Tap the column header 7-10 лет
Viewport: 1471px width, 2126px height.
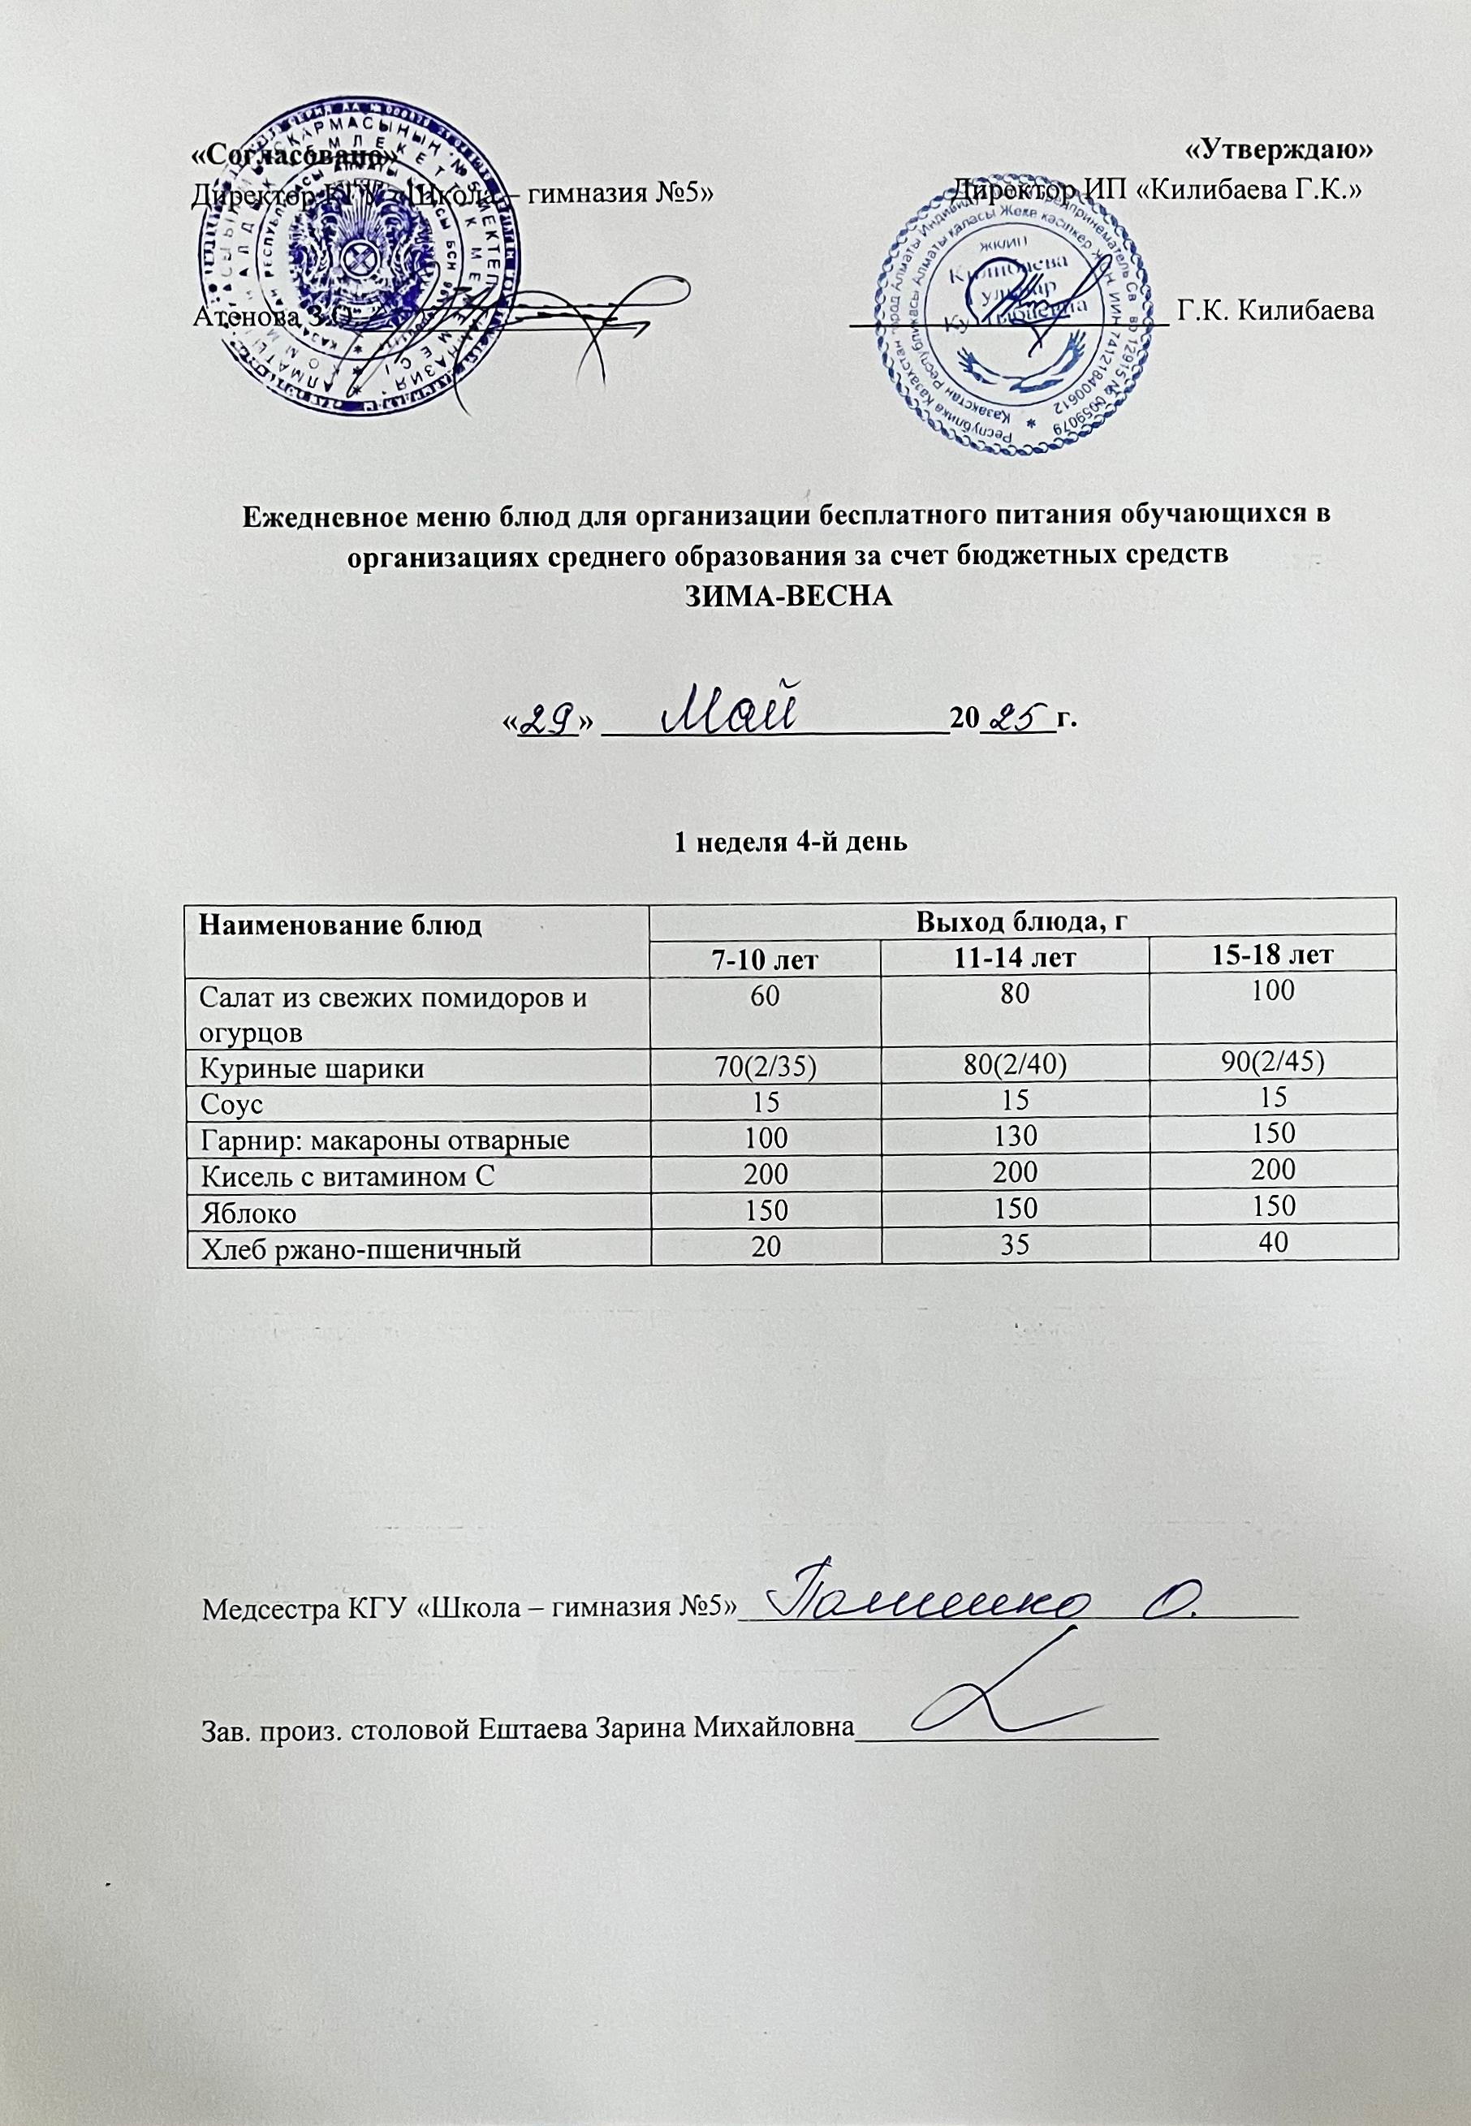[x=764, y=959]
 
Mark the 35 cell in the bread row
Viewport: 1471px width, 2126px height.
[x=1014, y=1247]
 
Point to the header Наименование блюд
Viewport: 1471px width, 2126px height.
[x=339, y=925]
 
